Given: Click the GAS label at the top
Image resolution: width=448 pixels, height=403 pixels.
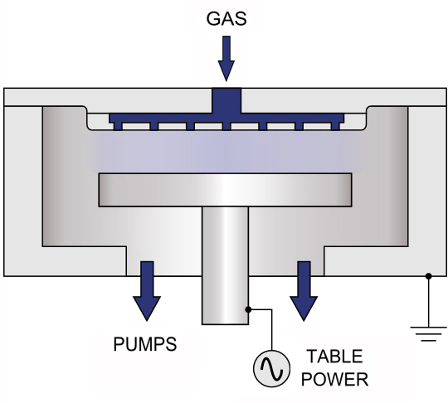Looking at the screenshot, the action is [226, 19].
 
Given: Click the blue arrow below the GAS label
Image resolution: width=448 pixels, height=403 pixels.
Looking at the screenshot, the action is [226, 59].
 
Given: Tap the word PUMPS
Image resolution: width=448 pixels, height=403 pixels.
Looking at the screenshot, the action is [145, 344].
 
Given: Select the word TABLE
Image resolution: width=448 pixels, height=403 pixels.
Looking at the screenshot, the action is [334, 357].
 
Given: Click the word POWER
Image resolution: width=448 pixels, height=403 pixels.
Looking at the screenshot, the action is [334, 379].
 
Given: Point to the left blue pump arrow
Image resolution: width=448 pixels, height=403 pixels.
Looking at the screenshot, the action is [147, 291].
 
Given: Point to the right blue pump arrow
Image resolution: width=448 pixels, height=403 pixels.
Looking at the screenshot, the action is [304, 291].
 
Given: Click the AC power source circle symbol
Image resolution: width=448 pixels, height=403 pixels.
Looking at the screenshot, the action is [271, 368].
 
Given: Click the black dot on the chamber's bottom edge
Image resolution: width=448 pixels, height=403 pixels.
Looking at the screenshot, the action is [429, 276].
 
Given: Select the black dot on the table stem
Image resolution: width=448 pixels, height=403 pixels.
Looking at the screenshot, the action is [248, 309].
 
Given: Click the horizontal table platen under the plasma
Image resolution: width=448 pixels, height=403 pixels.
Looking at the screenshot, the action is [225, 190].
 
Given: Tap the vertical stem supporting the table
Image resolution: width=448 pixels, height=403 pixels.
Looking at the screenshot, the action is [225, 265].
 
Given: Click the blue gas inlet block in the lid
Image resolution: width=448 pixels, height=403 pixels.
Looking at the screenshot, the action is [226, 100].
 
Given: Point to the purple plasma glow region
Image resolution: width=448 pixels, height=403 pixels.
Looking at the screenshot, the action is [226, 152].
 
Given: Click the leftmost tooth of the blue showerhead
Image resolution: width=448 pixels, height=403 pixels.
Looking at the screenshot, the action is [118, 127].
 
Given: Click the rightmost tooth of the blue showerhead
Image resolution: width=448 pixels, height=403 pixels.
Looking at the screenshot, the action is [335, 127].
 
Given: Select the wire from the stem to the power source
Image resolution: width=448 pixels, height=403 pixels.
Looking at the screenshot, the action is [272, 320].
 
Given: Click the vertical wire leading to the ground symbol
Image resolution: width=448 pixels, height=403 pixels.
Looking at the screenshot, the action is [429, 301].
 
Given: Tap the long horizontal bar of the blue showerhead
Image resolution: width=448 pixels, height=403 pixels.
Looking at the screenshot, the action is [226, 118].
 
